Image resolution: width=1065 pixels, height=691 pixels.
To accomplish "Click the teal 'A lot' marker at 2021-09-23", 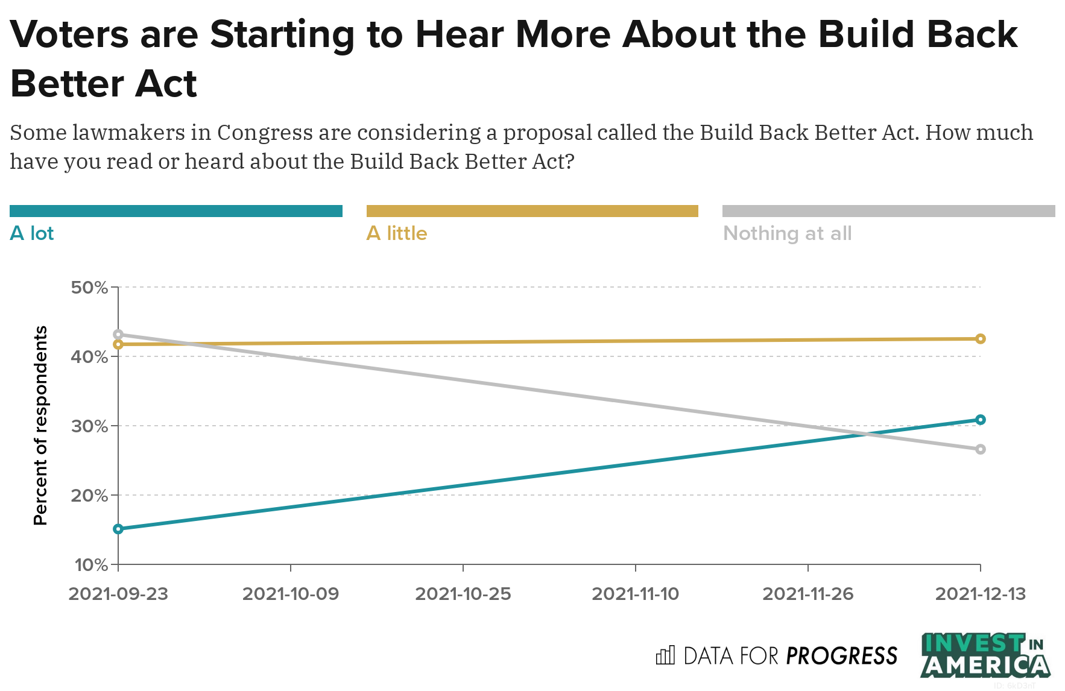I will click(x=118, y=529).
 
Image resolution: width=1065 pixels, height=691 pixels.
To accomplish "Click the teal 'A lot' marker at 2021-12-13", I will click(x=981, y=420).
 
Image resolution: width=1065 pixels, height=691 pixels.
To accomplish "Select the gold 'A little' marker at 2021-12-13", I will click(x=981, y=339).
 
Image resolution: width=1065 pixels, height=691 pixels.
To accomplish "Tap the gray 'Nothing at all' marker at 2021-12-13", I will click(x=981, y=449).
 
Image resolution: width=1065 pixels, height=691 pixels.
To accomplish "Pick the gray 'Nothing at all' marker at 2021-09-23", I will click(x=118, y=334).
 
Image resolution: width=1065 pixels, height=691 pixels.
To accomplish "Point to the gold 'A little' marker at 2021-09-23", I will click(x=118, y=344).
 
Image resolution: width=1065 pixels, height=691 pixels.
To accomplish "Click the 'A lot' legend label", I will click(x=32, y=233).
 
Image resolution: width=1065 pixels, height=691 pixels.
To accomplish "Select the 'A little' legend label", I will click(x=397, y=233).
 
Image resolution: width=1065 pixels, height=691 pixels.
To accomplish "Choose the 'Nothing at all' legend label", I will click(x=787, y=233).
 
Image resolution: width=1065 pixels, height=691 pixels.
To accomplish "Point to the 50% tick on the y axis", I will click(x=89, y=288).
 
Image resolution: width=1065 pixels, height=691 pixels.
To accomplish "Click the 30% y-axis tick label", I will click(x=89, y=426).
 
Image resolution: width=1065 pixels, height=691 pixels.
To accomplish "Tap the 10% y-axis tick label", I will click(x=90, y=565).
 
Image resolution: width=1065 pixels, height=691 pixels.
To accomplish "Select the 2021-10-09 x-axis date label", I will click(x=291, y=594).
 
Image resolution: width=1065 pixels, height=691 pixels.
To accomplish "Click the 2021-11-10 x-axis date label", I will click(x=635, y=594).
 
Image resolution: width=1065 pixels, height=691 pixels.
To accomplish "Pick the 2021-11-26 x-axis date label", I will click(x=807, y=594).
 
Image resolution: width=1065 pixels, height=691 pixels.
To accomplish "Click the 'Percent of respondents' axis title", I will click(x=40, y=426).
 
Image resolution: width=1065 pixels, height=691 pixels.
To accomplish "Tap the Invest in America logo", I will click(x=985, y=655).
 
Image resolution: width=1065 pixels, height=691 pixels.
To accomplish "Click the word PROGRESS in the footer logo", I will click(x=841, y=656).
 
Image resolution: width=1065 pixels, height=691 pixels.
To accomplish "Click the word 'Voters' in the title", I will click(x=70, y=34).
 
